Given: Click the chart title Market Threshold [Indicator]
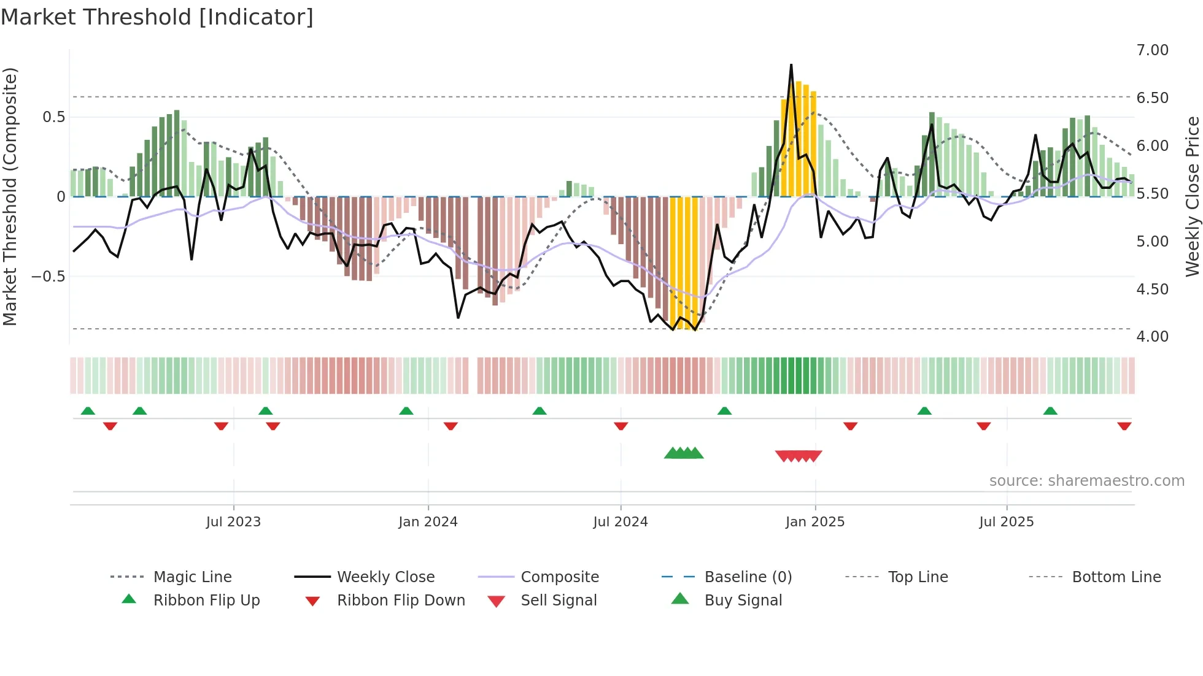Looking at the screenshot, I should click(x=157, y=17).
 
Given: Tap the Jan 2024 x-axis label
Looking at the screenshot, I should click(x=428, y=522).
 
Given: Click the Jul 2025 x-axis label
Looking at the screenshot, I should click(x=1006, y=522).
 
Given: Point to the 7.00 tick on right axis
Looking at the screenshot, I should click(x=1152, y=50).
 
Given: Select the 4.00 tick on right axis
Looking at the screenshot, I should click(x=1152, y=337).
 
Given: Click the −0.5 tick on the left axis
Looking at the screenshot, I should click(x=48, y=277).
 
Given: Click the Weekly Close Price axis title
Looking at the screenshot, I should click(x=1192, y=196).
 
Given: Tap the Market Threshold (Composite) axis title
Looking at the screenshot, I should click(x=10, y=196).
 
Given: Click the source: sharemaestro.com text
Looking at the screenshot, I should click(x=1086, y=481).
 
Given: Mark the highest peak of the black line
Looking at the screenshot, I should click(x=791, y=64).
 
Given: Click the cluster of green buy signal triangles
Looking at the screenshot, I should click(x=684, y=453).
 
